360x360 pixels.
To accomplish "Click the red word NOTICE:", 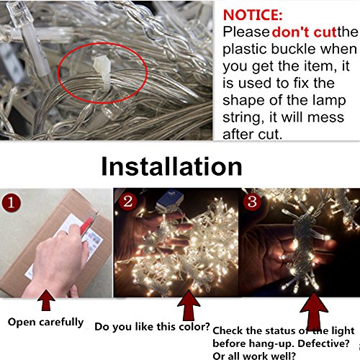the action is (x=253, y=15).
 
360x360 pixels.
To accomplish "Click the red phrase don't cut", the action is (x=304, y=32).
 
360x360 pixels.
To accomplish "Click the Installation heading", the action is (x=171, y=166).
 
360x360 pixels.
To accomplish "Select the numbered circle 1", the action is (x=11, y=202).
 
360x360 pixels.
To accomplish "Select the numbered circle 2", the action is (x=128, y=201).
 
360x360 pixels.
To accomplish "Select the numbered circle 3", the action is (x=252, y=201).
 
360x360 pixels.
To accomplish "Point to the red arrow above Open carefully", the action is (x=46, y=300).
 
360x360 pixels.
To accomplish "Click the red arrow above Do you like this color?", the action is (x=189, y=305).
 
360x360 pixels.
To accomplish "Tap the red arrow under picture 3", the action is (x=314, y=311).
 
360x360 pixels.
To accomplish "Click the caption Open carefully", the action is (x=45, y=323).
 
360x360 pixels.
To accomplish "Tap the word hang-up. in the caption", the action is (x=272, y=344).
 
